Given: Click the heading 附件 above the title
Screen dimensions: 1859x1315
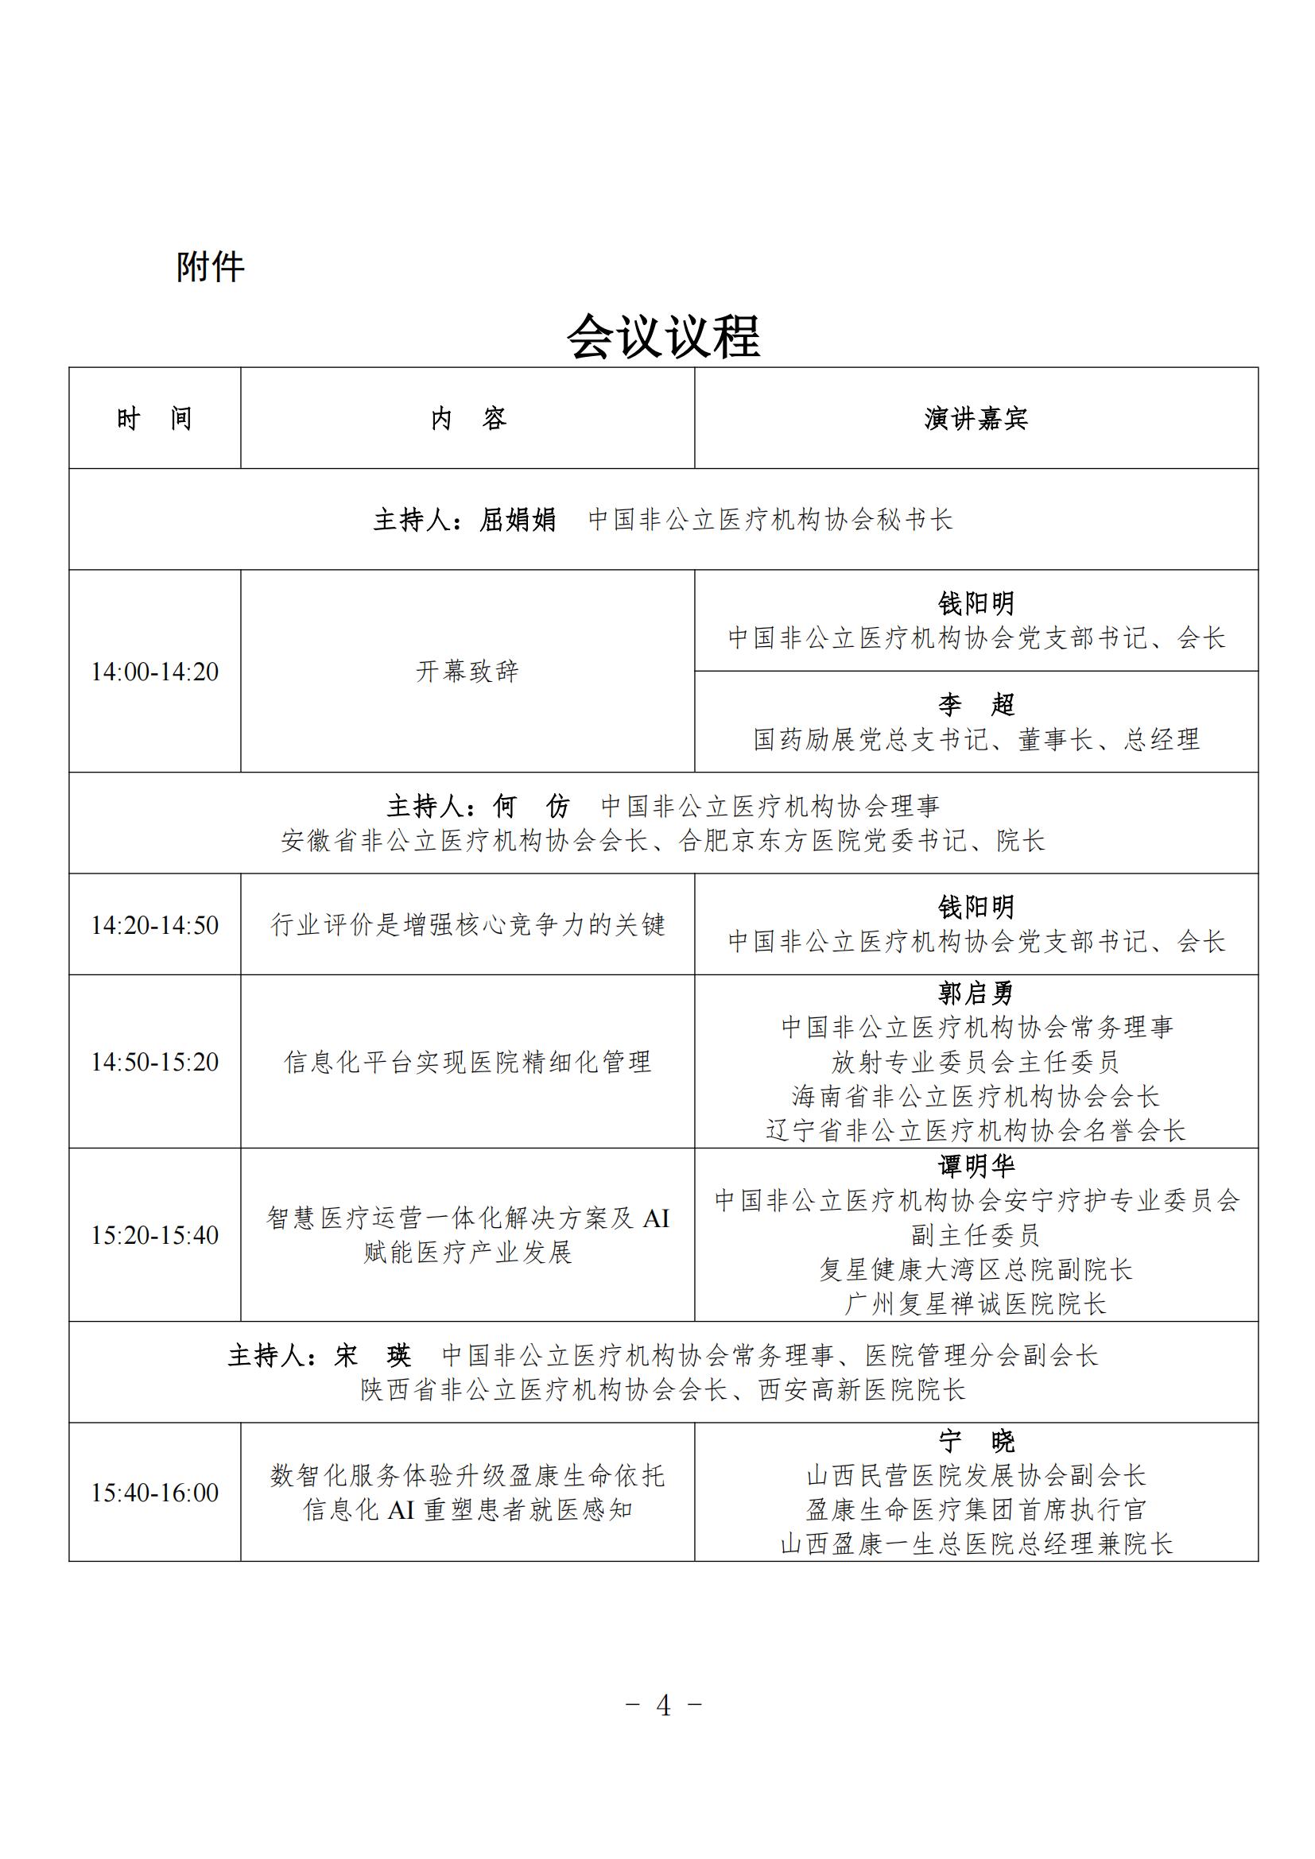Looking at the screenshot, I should (211, 266).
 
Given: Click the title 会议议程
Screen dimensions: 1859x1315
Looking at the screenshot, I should (663, 336).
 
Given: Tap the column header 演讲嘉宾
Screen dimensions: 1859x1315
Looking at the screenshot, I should (976, 419).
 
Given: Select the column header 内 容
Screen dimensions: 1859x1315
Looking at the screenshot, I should (467, 419).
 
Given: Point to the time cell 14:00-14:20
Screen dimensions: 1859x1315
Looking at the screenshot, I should (155, 672).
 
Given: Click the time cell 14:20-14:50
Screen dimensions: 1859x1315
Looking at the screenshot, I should (155, 924).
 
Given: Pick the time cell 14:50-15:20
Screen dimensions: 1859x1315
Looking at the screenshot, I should (155, 1062).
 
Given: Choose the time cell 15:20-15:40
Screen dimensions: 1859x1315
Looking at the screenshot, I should (155, 1235).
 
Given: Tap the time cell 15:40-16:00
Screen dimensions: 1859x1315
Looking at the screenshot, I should (155, 1493).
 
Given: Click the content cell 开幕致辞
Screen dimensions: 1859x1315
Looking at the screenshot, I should (467, 672).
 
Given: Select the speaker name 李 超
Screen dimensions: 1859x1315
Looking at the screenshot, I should (976, 704).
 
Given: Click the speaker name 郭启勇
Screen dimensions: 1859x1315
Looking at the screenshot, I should (976, 993).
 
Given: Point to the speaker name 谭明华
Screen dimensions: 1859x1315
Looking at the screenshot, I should (976, 1166).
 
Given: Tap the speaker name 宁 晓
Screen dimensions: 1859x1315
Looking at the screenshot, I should (976, 1440).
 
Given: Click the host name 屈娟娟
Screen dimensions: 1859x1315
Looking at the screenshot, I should (518, 519).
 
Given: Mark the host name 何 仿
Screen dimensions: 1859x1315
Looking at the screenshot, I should (531, 806).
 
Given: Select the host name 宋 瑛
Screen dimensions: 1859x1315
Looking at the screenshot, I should (372, 1354).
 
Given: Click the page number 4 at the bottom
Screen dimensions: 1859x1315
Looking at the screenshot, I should (663, 1705).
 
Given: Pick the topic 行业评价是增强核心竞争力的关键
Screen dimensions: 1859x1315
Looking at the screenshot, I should (467, 924).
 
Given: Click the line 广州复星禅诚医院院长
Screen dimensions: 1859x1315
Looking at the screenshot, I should (976, 1303).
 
